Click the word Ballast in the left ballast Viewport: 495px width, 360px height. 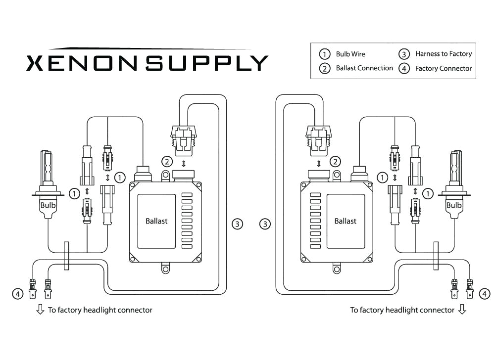[x=156, y=221]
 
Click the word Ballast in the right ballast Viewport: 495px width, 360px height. [x=345, y=221]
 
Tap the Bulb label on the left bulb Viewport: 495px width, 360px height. [x=48, y=204]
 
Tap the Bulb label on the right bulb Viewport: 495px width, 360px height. [x=454, y=205]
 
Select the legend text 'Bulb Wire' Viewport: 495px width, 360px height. [x=350, y=54]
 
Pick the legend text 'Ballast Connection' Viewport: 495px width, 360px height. [x=364, y=68]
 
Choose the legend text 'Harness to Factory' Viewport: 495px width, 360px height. [x=444, y=54]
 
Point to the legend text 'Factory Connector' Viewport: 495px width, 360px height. [x=444, y=68]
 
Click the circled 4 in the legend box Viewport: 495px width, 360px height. [x=404, y=69]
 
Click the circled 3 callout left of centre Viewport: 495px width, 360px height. [x=238, y=224]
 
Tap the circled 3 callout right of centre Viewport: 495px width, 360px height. [x=266, y=224]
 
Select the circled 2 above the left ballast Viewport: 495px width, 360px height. [x=167, y=161]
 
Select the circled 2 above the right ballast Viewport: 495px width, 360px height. [x=335, y=161]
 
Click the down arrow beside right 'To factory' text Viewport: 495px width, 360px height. [x=462, y=310]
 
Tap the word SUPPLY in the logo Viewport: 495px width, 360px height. [x=207, y=63]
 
